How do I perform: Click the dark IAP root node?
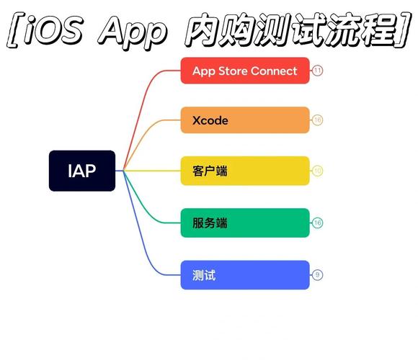click(82, 171)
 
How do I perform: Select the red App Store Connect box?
click(245, 71)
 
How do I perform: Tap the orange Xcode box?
click(245, 120)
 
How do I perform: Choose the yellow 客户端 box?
click(245, 171)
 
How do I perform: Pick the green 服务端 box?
click(245, 222)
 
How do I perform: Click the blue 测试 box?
click(245, 275)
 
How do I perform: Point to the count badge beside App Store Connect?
click(318, 71)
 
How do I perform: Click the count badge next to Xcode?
click(318, 120)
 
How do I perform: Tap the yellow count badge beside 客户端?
click(318, 171)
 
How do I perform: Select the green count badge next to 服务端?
click(318, 223)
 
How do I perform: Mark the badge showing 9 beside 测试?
click(318, 275)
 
